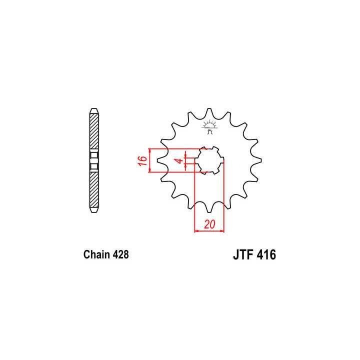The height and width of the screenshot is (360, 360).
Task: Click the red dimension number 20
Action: pyautogui.click(x=210, y=225)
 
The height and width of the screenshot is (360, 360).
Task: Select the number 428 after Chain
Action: pyautogui.click(x=120, y=254)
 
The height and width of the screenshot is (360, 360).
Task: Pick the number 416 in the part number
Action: pyautogui.click(x=265, y=255)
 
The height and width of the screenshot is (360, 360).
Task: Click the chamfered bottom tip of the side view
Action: pyautogui.click(x=93, y=211)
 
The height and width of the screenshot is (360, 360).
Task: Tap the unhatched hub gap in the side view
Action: pyautogui.click(x=93, y=160)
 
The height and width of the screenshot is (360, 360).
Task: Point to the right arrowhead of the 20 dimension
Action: pyautogui.click(x=222, y=231)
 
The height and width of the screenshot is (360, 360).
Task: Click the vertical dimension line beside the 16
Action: pyautogui.click(x=150, y=160)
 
